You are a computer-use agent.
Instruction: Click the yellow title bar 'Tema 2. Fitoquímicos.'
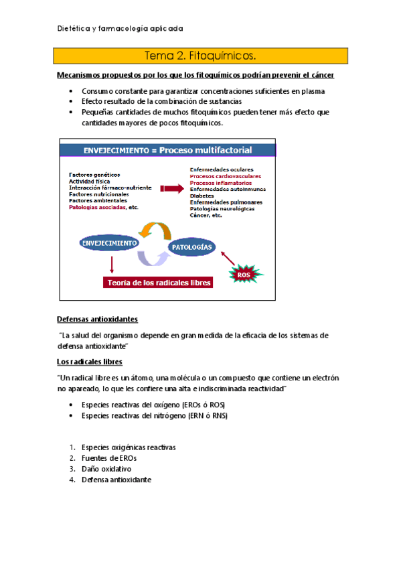click(200, 55)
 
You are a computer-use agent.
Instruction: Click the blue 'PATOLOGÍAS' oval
click(191, 247)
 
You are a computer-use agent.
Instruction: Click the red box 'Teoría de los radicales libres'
click(157, 283)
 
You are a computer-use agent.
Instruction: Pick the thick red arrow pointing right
click(171, 189)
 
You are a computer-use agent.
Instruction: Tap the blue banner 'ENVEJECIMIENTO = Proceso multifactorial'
click(167, 150)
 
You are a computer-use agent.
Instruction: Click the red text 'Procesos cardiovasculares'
click(226, 176)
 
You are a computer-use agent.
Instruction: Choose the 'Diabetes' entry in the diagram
click(203, 196)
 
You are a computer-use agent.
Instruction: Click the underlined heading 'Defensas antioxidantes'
click(98, 319)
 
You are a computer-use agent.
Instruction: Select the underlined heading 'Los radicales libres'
click(90, 362)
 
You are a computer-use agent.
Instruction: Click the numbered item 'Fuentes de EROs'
click(109, 458)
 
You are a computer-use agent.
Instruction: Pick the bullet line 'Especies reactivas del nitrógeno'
click(155, 416)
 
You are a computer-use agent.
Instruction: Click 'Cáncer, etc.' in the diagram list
click(206, 215)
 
